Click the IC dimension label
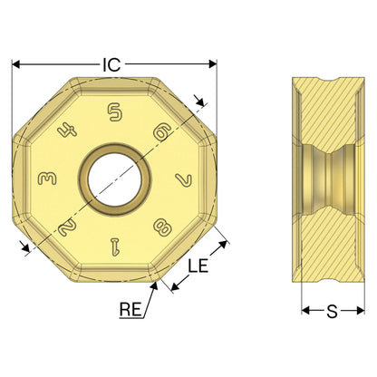[x=111, y=64]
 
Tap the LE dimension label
[x=198, y=266]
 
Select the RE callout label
[x=130, y=309]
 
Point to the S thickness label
[x=332, y=312]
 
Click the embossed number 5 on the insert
[x=115, y=112]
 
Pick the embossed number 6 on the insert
[x=163, y=131]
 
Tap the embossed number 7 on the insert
[x=184, y=179]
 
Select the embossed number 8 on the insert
[x=163, y=227]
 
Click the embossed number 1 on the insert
[x=115, y=246]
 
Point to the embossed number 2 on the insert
[x=67, y=227]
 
